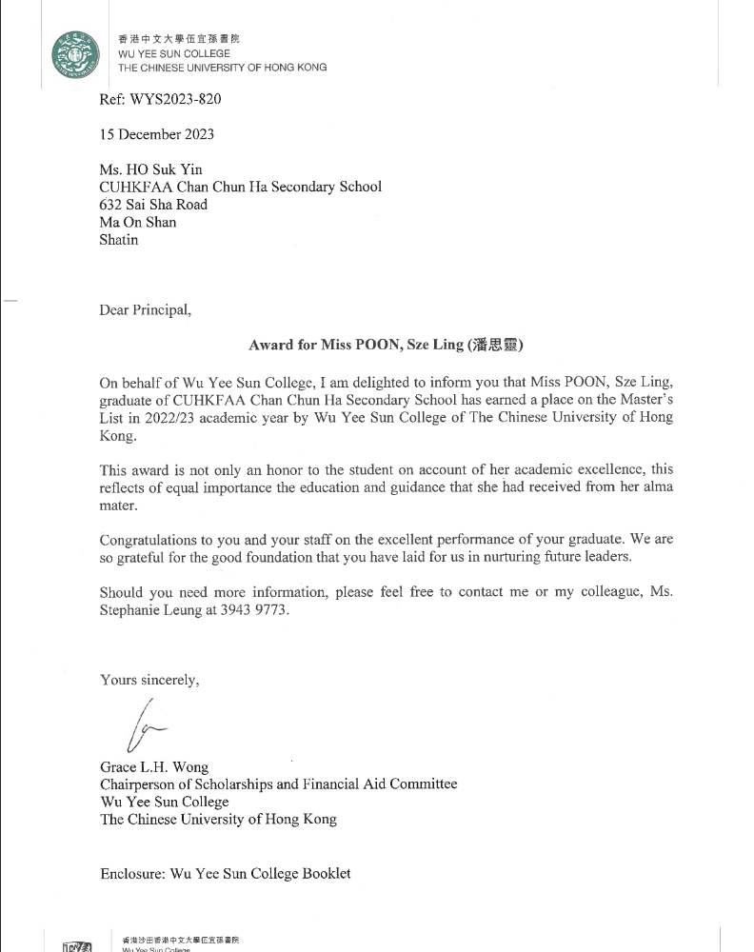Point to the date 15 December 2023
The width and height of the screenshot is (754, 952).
[x=157, y=134]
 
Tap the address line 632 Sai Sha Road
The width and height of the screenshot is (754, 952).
[x=153, y=205]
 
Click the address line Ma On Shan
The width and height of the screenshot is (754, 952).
[x=138, y=222]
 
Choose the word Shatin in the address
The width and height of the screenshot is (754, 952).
[x=119, y=240]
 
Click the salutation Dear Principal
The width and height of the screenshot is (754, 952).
[x=145, y=310]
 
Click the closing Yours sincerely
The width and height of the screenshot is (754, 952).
[x=149, y=680]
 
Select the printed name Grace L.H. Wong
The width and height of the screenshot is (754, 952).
[x=154, y=766]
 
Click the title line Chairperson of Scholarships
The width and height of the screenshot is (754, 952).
[x=278, y=784]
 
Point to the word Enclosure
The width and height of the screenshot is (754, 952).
[x=130, y=873]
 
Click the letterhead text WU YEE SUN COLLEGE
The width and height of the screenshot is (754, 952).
[x=173, y=54]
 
